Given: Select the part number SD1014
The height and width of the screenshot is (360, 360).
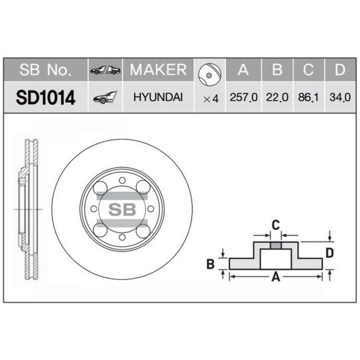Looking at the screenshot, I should click(x=45, y=97).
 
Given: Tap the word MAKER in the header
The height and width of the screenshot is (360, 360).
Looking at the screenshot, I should click(x=158, y=70).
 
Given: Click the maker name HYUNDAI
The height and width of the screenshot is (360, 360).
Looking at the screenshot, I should click(x=158, y=97).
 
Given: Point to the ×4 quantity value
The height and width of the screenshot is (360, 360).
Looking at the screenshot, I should click(x=211, y=98).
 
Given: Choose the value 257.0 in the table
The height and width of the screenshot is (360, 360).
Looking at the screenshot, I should click(x=244, y=97).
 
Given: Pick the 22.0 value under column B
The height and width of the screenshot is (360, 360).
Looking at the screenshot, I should click(x=277, y=97).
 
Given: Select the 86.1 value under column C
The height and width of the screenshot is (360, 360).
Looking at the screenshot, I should click(x=309, y=97).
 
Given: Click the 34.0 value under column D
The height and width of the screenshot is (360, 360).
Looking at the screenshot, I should click(x=339, y=97).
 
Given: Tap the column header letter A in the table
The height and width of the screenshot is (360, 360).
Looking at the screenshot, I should click(x=243, y=70).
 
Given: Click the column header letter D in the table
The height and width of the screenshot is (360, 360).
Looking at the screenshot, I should click(x=339, y=70).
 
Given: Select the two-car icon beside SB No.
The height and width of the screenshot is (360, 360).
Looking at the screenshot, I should click(x=105, y=70).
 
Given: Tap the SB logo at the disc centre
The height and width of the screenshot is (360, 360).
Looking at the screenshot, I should click(x=122, y=209).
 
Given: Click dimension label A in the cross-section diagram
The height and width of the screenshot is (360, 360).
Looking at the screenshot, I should click(x=275, y=278).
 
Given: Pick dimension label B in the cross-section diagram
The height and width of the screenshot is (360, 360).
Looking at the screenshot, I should click(x=210, y=264).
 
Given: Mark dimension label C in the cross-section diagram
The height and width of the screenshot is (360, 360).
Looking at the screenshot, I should click(x=276, y=225).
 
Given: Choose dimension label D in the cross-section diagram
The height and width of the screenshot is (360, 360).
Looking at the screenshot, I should click(x=330, y=253).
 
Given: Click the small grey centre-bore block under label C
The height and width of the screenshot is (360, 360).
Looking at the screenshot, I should click(x=276, y=244).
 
